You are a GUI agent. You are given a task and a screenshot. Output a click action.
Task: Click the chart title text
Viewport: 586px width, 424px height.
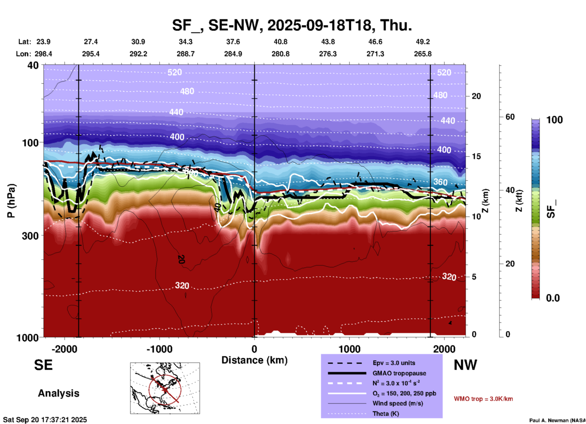tap(292, 25)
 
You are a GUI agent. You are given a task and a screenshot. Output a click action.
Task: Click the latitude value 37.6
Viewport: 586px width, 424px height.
tap(233, 42)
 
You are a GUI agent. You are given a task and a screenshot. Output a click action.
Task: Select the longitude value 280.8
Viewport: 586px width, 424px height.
tap(280, 54)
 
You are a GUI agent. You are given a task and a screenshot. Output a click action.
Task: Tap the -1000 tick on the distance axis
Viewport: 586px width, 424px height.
tap(159, 349)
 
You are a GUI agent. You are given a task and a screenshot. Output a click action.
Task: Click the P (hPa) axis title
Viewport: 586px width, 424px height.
tap(11, 201)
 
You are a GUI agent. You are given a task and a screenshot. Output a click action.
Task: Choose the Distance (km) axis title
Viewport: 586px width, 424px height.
tap(254, 360)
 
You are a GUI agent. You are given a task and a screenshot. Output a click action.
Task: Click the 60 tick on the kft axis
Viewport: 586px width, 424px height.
tap(510, 117)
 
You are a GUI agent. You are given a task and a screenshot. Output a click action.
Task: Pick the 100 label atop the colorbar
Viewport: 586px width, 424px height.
tap(554, 120)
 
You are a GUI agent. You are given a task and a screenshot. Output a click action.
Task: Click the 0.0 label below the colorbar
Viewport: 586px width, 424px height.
tap(553, 298)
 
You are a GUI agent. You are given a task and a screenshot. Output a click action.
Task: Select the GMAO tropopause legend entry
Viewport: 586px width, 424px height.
tap(399, 373)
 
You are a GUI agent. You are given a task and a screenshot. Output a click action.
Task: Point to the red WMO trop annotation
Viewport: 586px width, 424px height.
tap(483, 399)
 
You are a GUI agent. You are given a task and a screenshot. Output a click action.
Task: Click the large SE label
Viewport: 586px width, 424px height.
tap(43, 365)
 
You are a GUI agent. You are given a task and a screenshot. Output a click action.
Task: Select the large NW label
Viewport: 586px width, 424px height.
tap(465, 365)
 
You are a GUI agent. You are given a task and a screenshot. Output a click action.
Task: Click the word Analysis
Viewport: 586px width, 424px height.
tap(58, 393)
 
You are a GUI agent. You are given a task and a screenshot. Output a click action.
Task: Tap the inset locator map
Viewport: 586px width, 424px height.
tap(165, 388)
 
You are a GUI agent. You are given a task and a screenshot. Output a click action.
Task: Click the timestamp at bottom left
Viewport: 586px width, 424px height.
tap(45, 420)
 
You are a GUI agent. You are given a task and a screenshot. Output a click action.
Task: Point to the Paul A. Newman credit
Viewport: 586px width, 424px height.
tap(557, 420)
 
